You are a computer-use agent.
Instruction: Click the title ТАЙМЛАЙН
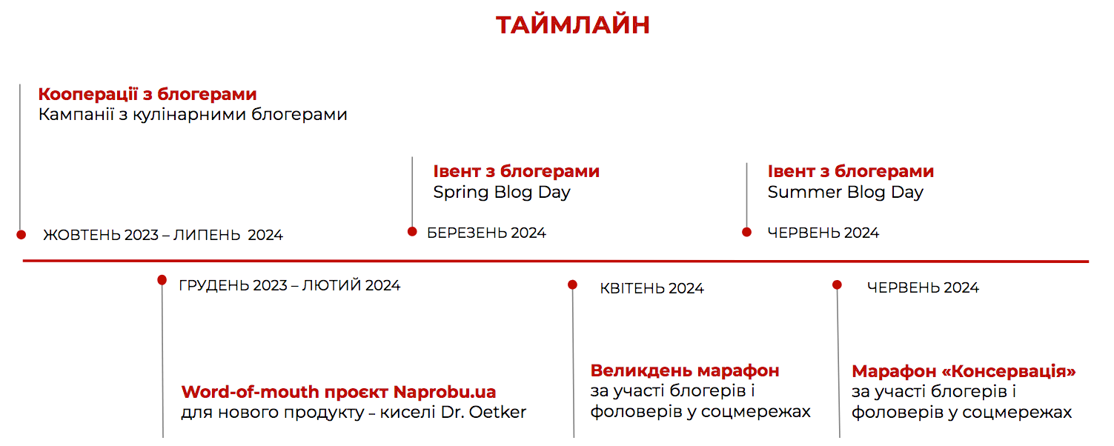click(572, 25)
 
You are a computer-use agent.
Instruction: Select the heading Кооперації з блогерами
click(147, 94)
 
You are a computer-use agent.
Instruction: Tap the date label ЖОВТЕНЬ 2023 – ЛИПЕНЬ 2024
click(163, 235)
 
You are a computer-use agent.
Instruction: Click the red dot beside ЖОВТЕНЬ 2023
click(21, 235)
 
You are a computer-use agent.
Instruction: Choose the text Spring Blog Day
click(501, 192)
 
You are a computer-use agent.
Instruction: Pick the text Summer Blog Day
click(845, 192)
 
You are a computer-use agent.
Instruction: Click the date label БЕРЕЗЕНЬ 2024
click(486, 233)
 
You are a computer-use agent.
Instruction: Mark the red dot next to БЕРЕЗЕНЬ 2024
click(412, 232)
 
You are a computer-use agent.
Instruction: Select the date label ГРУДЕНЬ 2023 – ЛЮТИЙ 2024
click(290, 285)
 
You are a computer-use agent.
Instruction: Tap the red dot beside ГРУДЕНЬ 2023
click(162, 280)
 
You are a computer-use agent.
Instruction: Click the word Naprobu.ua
click(445, 392)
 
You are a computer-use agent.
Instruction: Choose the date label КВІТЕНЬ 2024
click(652, 288)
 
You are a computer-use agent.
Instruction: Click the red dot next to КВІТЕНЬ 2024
click(572, 284)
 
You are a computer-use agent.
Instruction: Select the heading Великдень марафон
click(685, 370)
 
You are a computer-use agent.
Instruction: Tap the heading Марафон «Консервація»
click(964, 371)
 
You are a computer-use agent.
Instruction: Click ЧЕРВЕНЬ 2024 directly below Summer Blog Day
click(823, 233)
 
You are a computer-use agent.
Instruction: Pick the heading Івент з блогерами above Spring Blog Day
click(516, 171)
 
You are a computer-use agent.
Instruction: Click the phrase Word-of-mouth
click(250, 392)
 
